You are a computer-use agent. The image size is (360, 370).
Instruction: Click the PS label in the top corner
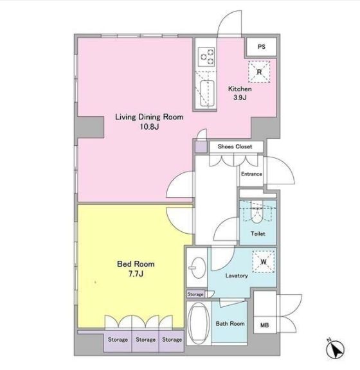click(x=261, y=47)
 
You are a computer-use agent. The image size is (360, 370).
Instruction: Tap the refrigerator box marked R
click(x=259, y=72)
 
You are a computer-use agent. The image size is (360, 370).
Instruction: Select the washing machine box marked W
click(x=264, y=261)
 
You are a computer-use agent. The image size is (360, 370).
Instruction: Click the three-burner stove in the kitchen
click(x=206, y=57)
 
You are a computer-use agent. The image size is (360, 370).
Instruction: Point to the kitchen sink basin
click(x=207, y=93)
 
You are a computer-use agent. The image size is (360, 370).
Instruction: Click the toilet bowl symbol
click(x=256, y=213)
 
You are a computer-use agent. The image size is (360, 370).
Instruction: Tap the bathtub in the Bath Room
click(x=199, y=324)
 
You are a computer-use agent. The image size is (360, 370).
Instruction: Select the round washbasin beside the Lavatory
click(x=198, y=268)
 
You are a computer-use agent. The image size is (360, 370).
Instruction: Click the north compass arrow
click(x=336, y=349)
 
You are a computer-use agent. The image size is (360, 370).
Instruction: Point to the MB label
click(x=264, y=325)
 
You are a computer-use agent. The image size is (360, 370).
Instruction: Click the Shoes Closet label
click(x=235, y=146)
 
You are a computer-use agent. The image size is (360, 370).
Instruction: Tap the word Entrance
click(x=251, y=174)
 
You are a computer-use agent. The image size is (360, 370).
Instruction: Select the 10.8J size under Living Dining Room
click(x=149, y=127)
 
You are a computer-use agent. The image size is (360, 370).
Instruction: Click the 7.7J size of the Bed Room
click(x=136, y=274)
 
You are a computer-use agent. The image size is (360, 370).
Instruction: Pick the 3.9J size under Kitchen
click(x=240, y=97)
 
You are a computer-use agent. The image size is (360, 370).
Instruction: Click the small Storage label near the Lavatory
click(x=195, y=294)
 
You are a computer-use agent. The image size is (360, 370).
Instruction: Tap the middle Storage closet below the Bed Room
click(x=145, y=340)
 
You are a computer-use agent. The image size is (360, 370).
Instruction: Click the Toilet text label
click(x=258, y=234)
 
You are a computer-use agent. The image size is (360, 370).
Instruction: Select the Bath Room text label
click(x=230, y=324)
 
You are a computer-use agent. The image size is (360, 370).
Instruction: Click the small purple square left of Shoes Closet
click(x=201, y=146)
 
